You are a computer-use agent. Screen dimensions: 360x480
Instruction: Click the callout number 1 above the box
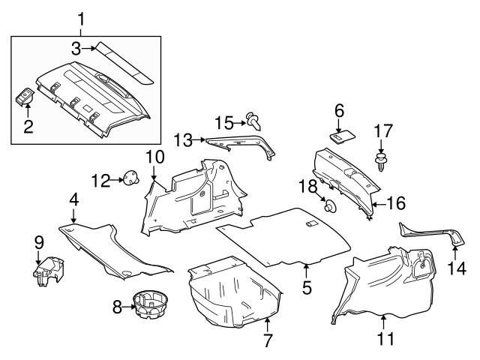[x=82, y=18]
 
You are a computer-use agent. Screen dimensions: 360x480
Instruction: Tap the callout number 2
[x=28, y=127]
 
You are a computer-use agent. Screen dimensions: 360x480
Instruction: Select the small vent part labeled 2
[x=26, y=98]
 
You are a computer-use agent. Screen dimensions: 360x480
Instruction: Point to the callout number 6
[x=338, y=110]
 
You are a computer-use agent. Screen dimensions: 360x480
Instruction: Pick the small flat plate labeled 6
[x=343, y=136]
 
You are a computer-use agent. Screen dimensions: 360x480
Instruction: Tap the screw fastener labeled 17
[x=381, y=161]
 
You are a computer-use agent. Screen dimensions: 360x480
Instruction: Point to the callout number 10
[x=154, y=157]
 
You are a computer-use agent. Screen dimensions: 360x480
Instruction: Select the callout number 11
[x=383, y=338]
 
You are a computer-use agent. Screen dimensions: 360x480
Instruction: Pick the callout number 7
[x=267, y=342]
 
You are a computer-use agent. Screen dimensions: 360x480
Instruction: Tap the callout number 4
[x=73, y=199]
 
